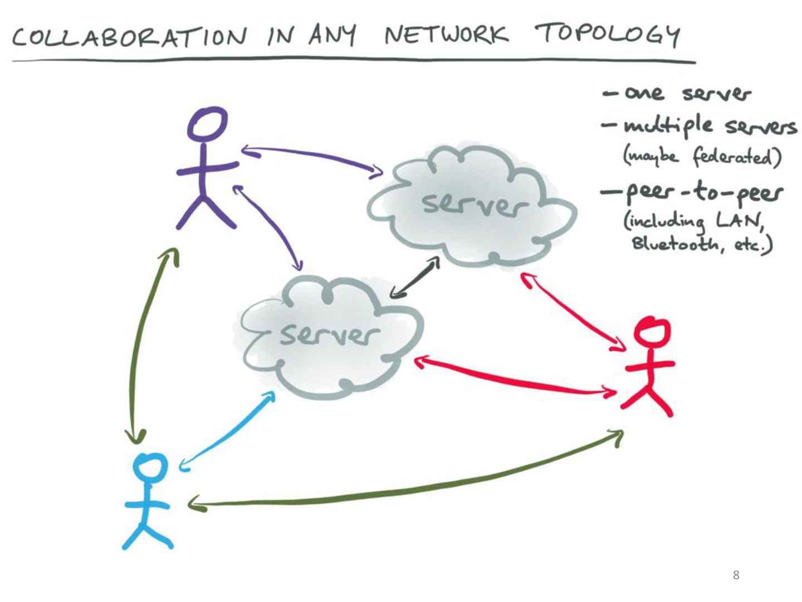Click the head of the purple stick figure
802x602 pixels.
coord(207,124)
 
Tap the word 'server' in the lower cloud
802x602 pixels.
coord(329,334)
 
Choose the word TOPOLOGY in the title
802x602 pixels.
coord(607,35)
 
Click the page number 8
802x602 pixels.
coord(736,575)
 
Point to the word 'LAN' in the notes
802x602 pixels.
coord(739,221)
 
